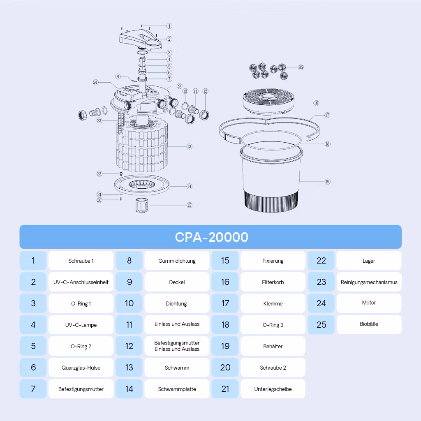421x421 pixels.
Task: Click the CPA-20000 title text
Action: point(212,237)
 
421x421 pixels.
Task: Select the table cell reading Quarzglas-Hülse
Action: point(81,368)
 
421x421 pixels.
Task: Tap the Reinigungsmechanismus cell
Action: point(369,282)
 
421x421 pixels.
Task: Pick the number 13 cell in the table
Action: point(129,368)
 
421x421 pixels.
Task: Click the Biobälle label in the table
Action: point(369,324)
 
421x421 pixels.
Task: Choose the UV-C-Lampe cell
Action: point(81,325)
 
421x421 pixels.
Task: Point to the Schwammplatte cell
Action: point(177,389)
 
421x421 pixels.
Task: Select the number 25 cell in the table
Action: point(321,325)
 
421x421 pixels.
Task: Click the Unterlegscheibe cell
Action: point(273,389)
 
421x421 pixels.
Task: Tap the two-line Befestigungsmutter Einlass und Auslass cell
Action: point(177,346)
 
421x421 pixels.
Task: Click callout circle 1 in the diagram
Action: point(169,26)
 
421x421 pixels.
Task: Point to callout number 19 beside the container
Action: point(327,181)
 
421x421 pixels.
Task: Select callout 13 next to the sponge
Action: point(189,146)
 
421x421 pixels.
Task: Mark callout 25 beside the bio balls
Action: point(301,67)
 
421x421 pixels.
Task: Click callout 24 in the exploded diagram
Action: point(95,82)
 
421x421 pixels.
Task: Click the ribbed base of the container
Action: point(271,201)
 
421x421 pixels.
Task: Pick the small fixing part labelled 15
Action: point(141,206)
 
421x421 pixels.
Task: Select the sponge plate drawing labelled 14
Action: point(141,185)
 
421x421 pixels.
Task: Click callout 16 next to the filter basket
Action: point(316,103)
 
